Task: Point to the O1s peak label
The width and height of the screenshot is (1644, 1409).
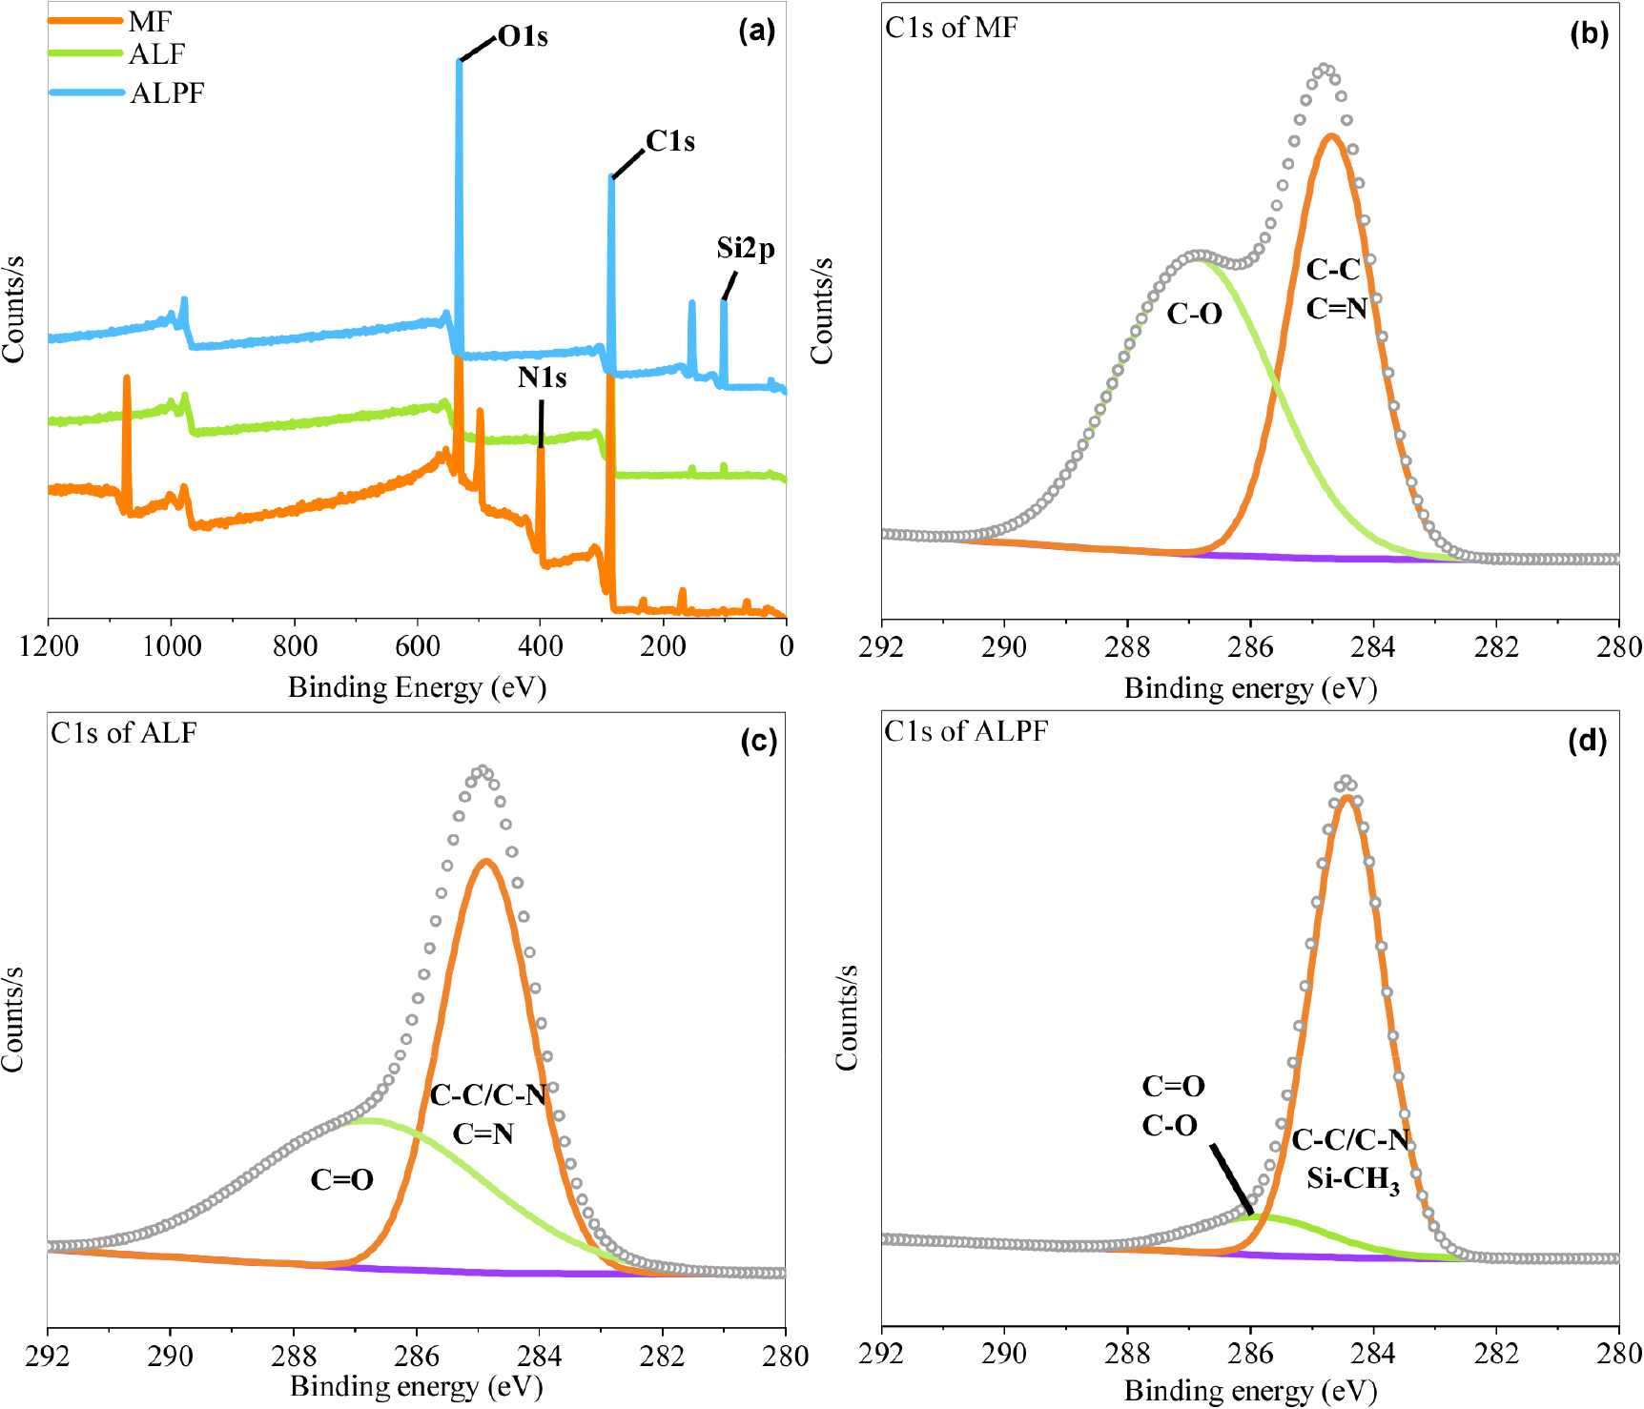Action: pyautogui.click(x=523, y=37)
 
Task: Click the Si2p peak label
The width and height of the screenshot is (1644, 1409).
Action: pyautogui.click(x=746, y=249)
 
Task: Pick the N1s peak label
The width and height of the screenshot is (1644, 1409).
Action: pyautogui.click(x=542, y=378)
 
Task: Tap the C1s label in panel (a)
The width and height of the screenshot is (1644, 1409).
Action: pyautogui.click(x=670, y=141)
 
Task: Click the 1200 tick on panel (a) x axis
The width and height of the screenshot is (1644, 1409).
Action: pyautogui.click(x=49, y=646)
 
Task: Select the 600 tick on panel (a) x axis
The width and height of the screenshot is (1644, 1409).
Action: pyautogui.click(x=418, y=646)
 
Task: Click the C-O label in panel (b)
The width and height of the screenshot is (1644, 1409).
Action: pyautogui.click(x=1194, y=314)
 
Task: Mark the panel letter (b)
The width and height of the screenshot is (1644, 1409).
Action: pyautogui.click(x=1589, y=33)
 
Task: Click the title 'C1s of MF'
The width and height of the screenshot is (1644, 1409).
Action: pyautogui.click(x=951, y=28)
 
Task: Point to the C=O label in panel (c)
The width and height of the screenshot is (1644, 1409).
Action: pyautogui.click(x=341, y=1180)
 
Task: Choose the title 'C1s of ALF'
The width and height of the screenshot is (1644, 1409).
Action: pyautogui.click(x=124, y=733)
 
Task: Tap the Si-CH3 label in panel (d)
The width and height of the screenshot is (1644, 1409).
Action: pyautogui.click(x=1353, y=1181)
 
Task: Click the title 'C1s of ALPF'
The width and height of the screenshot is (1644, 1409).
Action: pyautogui.click(x=966, y=731)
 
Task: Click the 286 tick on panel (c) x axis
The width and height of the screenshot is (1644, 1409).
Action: pyautogui.click(x=417, y=1356)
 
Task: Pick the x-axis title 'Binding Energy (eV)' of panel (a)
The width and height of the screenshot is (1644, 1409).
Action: pyautogui.click(x=418, y=687)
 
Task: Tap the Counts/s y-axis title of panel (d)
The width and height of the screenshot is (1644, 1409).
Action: pyautogui.click(x=847, y=1018)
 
